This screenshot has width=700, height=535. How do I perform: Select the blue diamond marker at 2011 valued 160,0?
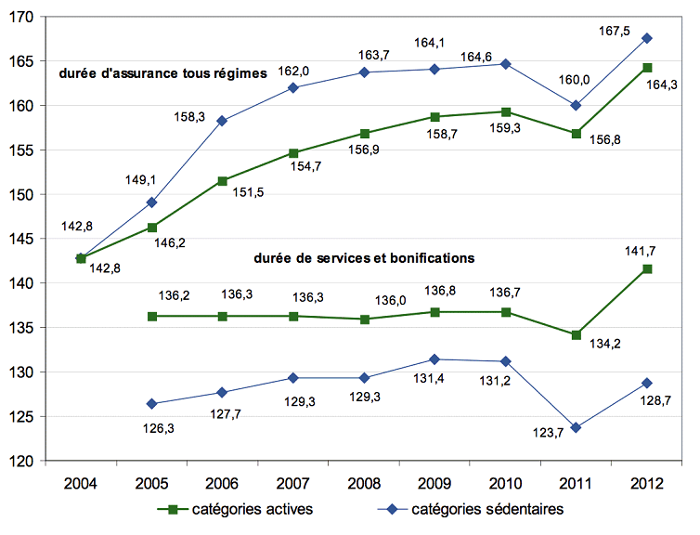click(x=577, y=105)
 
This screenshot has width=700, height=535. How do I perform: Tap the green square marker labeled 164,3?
click(x=647, y=68)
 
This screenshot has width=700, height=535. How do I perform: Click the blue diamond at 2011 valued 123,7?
click(x=577, y=427)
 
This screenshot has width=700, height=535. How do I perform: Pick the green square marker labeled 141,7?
click(x=647, y=268)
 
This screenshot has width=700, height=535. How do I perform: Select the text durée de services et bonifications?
click(x=364, y=257)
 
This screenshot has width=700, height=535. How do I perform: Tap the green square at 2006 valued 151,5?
click(x=221, y=181)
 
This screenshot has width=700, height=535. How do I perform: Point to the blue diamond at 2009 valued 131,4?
click(x=434, y=359)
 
